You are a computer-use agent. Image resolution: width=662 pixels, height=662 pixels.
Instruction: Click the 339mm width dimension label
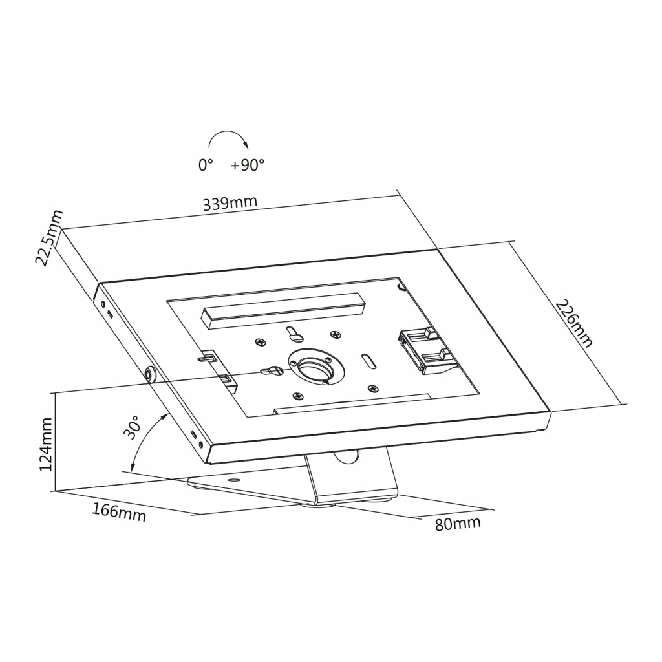230,203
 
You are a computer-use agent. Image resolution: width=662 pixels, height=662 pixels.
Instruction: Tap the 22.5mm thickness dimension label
49,237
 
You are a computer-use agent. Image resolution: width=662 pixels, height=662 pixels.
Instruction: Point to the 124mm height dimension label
46,444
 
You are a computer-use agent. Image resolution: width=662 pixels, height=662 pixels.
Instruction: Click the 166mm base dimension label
119,511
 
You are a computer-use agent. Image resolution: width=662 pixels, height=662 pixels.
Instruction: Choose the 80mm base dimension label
458,523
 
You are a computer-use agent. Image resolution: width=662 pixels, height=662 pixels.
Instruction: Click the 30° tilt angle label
133,428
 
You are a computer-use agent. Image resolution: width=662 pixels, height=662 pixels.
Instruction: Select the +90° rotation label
248,165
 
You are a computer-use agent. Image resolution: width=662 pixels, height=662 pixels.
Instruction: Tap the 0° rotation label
206,165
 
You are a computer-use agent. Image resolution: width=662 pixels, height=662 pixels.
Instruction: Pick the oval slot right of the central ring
367,359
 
